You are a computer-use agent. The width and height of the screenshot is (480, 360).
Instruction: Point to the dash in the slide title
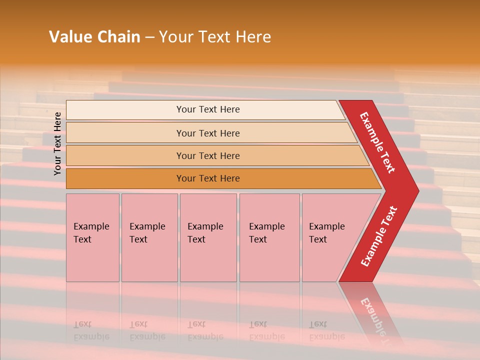coord(149,37)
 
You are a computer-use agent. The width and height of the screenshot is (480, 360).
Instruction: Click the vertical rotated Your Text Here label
coord(57,143)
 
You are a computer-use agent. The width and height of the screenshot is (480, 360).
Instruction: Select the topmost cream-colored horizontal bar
coord(207,109)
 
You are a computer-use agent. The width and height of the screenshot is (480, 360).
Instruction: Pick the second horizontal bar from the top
coord(207,133)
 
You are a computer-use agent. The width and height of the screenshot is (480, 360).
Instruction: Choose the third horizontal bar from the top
coord(207,156)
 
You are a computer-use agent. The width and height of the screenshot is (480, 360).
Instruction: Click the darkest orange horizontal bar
coord(207,178)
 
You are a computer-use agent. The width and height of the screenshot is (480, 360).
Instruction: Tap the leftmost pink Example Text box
coord(92,237)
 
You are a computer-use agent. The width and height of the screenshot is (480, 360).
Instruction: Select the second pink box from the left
coord(149,237)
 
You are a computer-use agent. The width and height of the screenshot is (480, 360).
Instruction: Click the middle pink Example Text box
coord(208,237)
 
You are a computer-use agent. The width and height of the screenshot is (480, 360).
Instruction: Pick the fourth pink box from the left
coord(269,237)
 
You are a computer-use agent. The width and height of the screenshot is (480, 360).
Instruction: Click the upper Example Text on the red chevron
coord(377,142)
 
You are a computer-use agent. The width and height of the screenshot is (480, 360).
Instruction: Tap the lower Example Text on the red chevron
coord(379,236)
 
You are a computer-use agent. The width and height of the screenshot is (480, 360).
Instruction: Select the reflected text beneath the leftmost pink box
coord(91,330)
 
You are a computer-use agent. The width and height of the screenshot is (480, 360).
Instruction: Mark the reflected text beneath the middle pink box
coord(205,330)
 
